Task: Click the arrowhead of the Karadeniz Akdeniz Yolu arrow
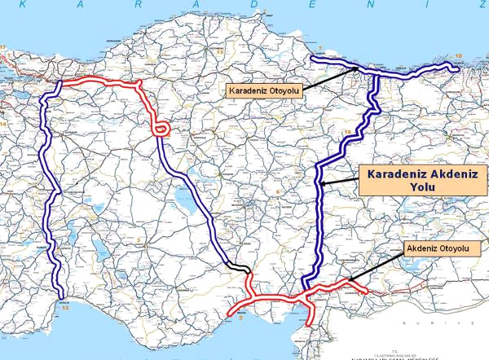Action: pos(321,186)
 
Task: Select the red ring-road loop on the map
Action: pos(161,129)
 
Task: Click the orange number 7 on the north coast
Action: pos(322,49)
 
